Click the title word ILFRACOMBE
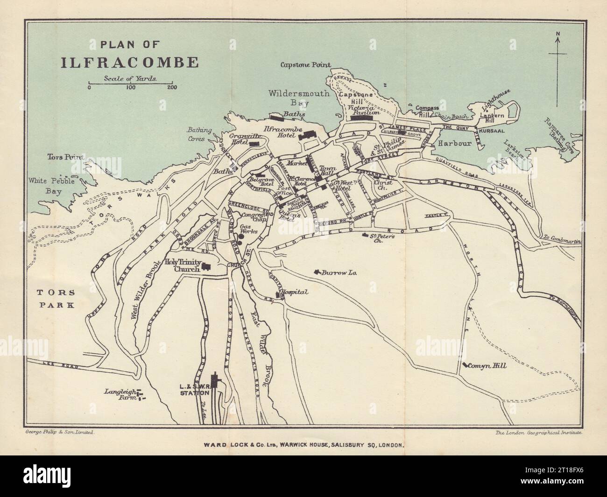[130, 63]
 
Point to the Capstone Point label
[305, 65]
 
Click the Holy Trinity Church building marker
[205, 267]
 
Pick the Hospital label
[294, 292]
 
